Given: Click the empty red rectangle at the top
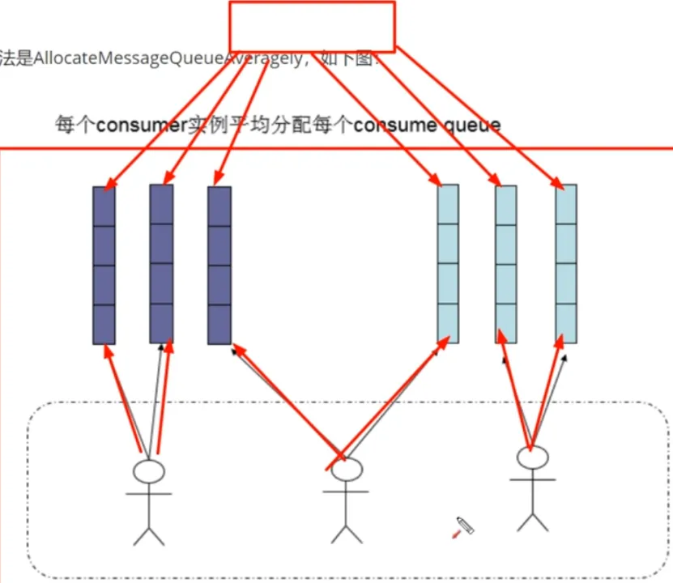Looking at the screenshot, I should (312, 27).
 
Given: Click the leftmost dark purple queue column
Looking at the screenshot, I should (104, 266).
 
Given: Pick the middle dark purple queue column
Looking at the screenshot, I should (162, 264).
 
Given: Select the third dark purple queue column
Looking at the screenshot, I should (219, 266).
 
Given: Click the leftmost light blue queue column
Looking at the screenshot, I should (448, 264).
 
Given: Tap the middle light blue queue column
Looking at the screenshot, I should (506, 264).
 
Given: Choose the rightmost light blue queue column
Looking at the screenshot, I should (566, 264).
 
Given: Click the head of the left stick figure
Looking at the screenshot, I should (148, 472).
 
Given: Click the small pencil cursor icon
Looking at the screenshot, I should (463, 526).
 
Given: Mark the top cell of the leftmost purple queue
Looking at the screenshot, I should (104, 206).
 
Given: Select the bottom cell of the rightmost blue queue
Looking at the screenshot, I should (566, 323).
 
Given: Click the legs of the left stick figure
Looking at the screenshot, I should (148, 534).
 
